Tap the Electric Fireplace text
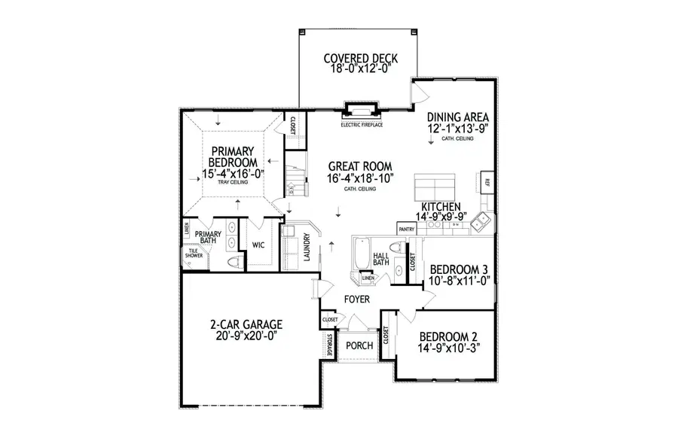click(362, 124)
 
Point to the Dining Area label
click(459, 117)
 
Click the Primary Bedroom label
click(233, 156)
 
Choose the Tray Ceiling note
click(233, 183)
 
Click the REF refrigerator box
click(487, 183)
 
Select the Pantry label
click(408, 228)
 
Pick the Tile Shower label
click(194, 254)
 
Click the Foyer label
click(357, 299)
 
